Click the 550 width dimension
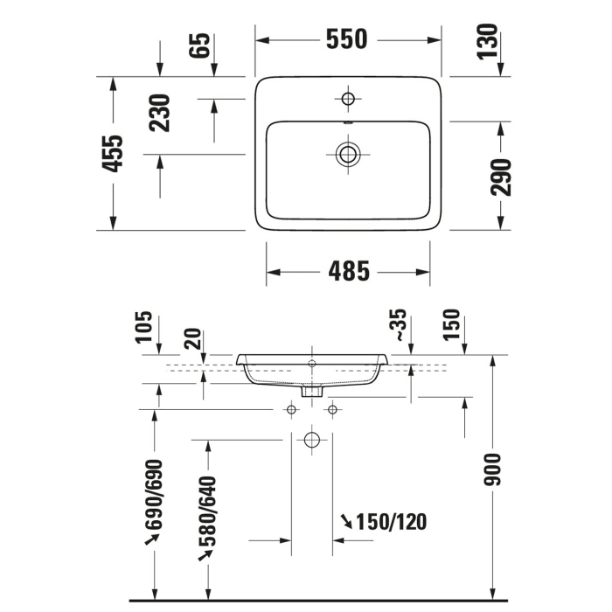pyautogui.click(x=347, y=40)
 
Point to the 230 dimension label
pyautogui.click(x=160, y=112)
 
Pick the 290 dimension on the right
pyautogui.click(x=501, y=177)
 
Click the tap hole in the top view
pyautogui.click(x=348, y=98)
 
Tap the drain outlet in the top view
pyautogui.click(x=348, y=155)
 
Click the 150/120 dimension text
pyautogui.click(x=391, y=522)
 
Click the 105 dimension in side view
pyautogui.click(x=145, y=328)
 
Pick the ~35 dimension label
pyautogui.click(x=398, y=324)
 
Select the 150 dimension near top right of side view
pyautogui.click(x=451, y=325)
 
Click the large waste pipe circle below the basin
pyautogui.click(x=311, y=440)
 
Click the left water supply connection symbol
pyautogui.click(x=291, y=409)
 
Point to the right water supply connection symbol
pyautogui.click(x=331, y=409)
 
